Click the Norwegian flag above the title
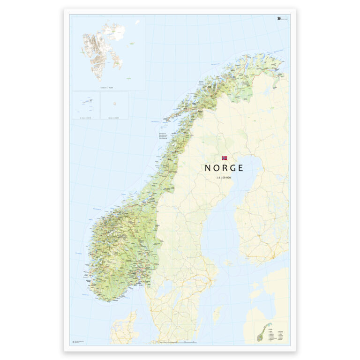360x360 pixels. [x=224, y=158]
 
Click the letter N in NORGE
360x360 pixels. [x=208, y=168]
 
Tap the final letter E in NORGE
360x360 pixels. [x=240, y=168]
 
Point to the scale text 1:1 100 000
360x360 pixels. [x=224, y=178]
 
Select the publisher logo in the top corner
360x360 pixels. [x=278, y=18]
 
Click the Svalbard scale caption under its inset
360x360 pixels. [x=107, y=87]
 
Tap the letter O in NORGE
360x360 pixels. [x=216, y=168]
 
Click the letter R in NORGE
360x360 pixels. [x=224, y=168]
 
